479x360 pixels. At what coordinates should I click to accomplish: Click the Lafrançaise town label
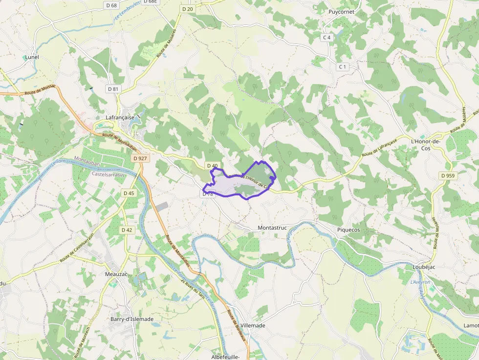click(x=120, y=118)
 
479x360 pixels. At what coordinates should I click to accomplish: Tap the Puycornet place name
click(x=341, y=12)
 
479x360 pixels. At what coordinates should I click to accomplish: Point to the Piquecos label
click(x=348, y=230)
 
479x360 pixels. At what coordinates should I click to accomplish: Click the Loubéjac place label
click(x=424, y=267)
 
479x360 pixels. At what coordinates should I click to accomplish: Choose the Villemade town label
click(x=253, y=325)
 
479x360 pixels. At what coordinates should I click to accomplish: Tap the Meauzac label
click(x=116, y=274)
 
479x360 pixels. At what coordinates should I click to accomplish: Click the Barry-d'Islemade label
click(x=132, y=319)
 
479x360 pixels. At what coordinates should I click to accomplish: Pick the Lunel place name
click(x=32, y=57)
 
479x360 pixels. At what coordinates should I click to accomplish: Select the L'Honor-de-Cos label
click(x=426, y=145)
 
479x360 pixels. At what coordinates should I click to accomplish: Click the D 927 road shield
click(x=140, y=158)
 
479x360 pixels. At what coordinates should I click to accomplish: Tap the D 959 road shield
click(x=447, y=175)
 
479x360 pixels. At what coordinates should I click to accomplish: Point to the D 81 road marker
click(x=113, y=89)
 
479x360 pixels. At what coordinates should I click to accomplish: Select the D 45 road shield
click(x=129, y=193)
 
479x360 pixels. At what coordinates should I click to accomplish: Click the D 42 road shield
click(x=126, y=230)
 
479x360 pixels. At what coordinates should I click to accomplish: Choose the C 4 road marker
click(x=327, y=38)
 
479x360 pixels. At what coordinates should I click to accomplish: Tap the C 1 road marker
click(x=342, y=66)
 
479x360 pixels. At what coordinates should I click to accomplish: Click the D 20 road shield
click(x=187, y=9)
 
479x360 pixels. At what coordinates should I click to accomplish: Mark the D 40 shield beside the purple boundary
click(x=212, y=166)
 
